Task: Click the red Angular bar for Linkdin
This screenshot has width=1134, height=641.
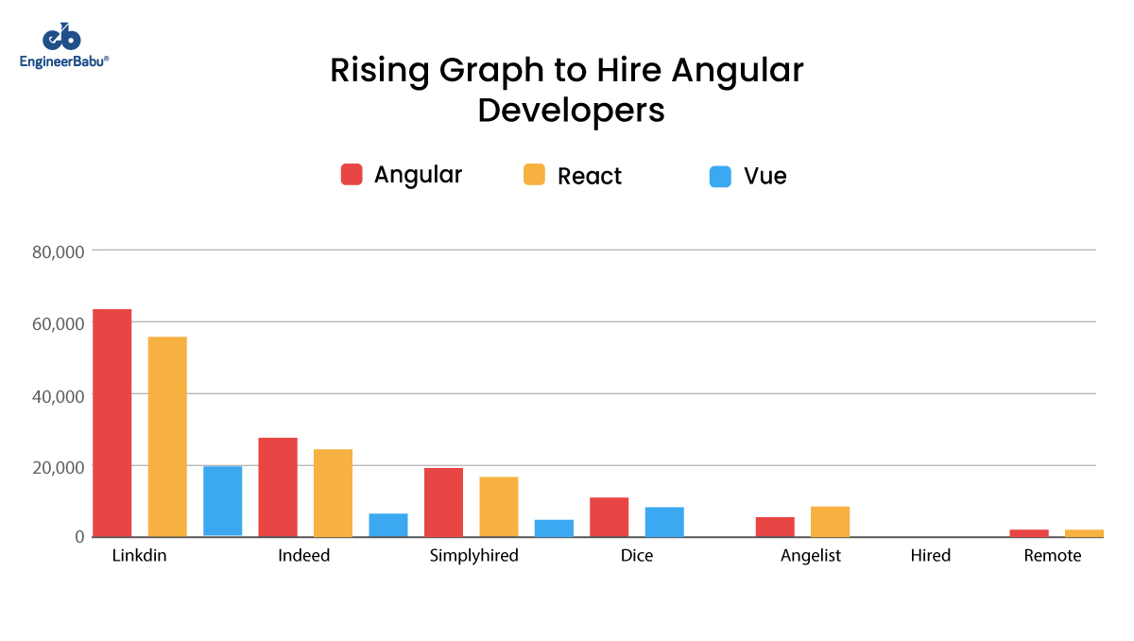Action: [112, 423]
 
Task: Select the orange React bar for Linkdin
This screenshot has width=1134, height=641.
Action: [167, 436]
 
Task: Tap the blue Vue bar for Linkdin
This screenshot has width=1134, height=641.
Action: [222, 501]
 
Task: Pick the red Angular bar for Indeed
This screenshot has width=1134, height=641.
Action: [278, 487]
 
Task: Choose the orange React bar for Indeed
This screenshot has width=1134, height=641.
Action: [333, 493]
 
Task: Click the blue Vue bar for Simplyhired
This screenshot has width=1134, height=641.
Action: [554, 528]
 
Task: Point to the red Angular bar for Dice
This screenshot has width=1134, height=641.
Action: [610, 516]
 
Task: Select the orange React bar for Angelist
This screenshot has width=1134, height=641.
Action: [830, 521]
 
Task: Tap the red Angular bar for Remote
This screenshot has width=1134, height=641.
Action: [1029, 532]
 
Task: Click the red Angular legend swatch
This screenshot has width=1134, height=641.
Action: [352, 175]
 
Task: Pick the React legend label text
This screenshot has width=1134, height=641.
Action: [590, 177]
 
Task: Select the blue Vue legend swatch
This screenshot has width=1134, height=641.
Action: [720, 177]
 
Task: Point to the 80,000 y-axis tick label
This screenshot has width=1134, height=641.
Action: [59, 251]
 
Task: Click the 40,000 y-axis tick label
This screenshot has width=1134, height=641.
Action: [59, 395]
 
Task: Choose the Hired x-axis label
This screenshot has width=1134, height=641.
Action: [931, 556]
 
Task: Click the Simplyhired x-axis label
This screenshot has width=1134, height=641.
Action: [473, 556]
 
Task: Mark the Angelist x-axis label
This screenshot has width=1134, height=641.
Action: [810, 556]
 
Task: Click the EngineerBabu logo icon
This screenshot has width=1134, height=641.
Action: [62, 38]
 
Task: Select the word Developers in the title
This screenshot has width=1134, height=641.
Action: [571, 111]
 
